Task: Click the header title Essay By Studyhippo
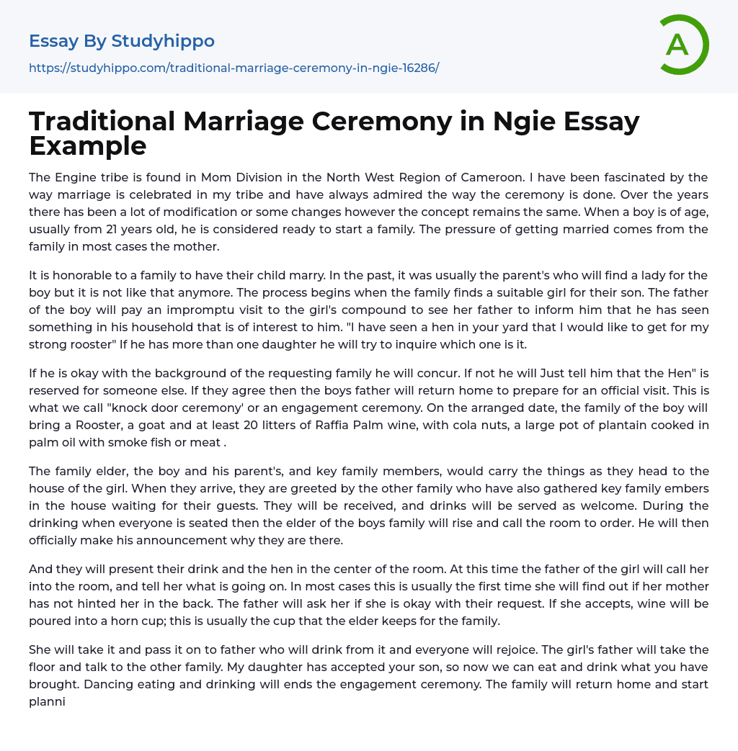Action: click(x=122, y=41)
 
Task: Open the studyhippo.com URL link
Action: click(x=234, y=68)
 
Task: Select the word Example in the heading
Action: click(x=88, y=146)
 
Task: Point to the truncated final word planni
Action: click(x=47, y=701)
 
